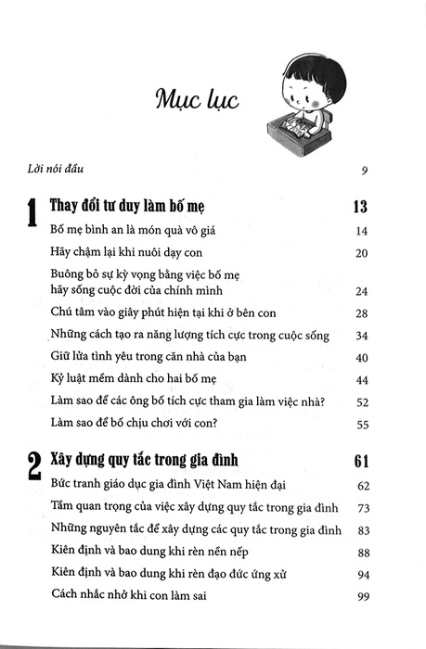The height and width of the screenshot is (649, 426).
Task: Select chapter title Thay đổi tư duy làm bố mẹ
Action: (132, 207)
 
